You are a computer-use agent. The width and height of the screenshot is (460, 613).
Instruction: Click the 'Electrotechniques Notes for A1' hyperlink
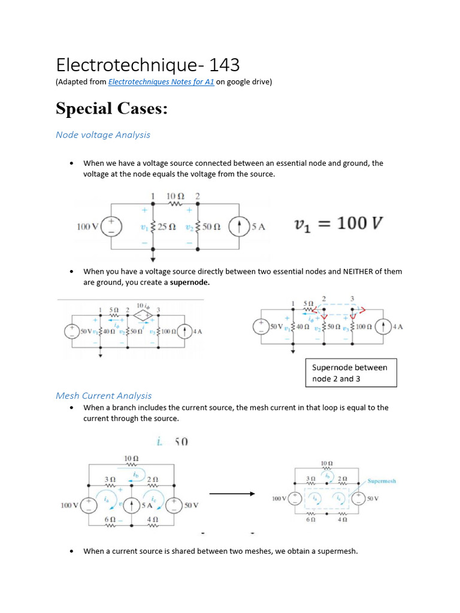pos(161,82)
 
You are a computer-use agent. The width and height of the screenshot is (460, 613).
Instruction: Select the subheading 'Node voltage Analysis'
pos(103,135)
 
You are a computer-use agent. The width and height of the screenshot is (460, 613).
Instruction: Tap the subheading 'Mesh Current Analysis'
pos(104,396)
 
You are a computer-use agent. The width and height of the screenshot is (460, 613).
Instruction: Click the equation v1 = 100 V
pos(338,224)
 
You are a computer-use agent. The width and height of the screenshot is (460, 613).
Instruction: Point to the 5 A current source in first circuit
pos(240,227)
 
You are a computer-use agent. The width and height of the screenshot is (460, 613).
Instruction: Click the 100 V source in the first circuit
pos(111,226)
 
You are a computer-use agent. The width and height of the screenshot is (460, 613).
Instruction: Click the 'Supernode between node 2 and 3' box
pos(350,373)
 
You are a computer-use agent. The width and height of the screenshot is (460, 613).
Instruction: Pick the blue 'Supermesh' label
pos(382,481)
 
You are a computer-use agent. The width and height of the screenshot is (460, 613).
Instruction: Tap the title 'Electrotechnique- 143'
pos(147,64)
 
